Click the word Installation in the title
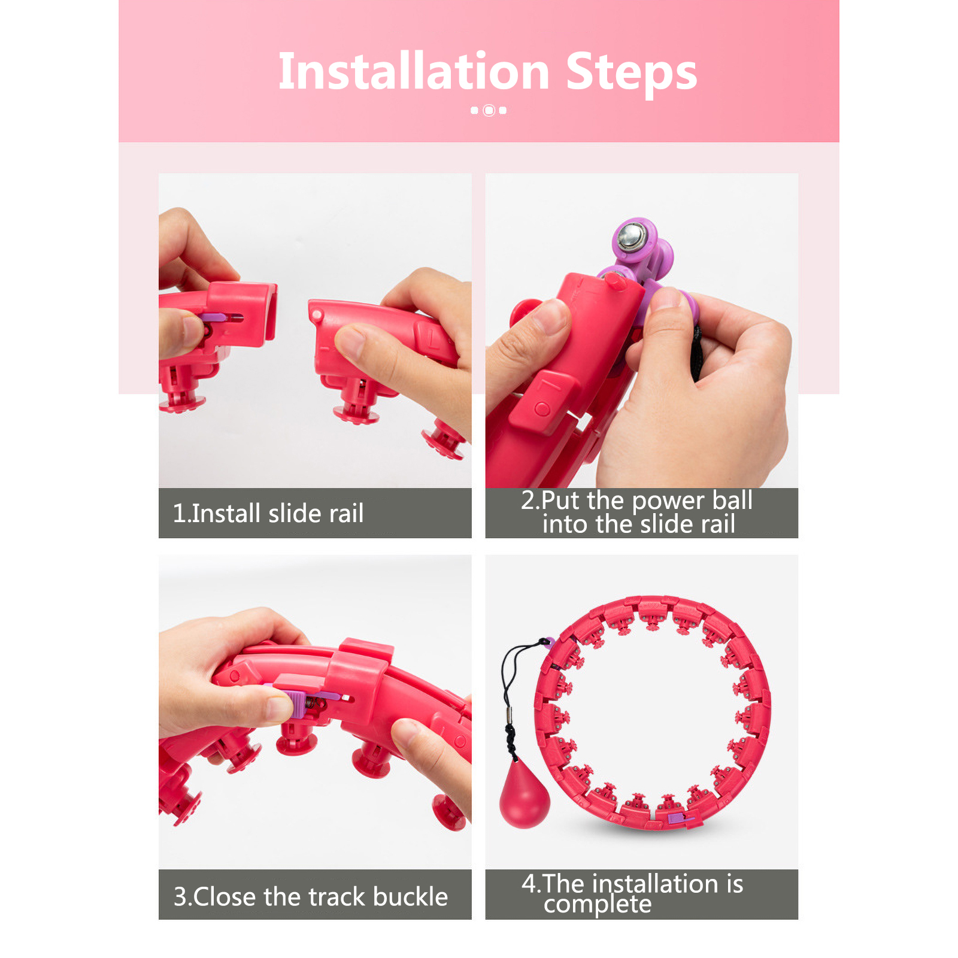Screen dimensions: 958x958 414,72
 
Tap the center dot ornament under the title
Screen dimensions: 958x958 489,110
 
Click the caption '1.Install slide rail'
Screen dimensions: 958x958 268,514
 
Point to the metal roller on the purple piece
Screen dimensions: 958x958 630,235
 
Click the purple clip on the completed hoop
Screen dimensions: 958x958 678,818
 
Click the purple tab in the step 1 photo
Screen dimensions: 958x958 213,317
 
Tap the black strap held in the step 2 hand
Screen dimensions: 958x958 696,353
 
